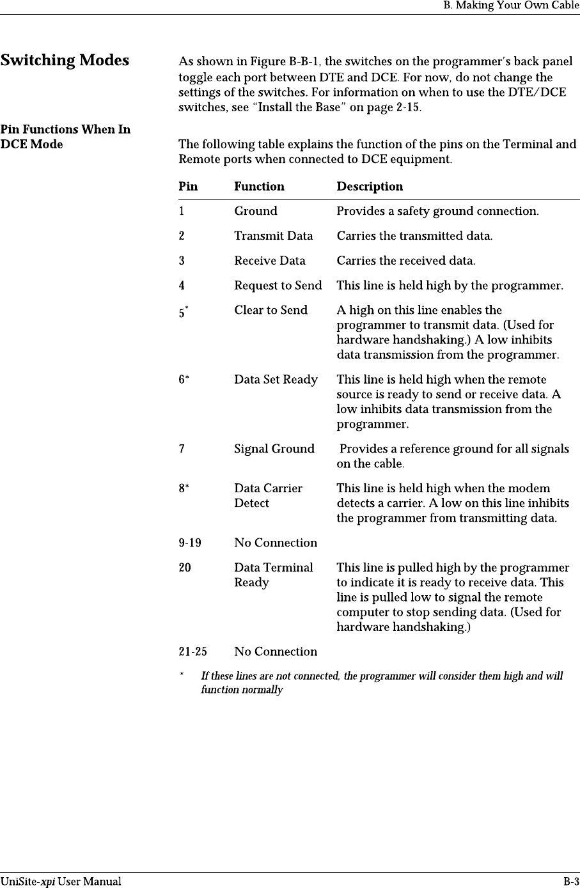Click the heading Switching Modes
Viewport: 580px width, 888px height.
(65, 61)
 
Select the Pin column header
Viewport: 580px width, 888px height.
(188, 187)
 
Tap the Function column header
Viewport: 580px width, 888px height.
(259, 187)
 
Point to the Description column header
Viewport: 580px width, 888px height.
(370, 187)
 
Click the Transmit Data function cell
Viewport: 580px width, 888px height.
(273, 236)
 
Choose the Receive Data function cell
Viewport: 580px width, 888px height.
(269, 261)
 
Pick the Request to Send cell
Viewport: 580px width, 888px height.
(278, 285)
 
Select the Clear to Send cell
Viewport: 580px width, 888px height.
(270, 310)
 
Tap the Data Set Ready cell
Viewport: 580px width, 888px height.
(276, 380)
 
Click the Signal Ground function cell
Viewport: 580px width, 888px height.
(274, 449)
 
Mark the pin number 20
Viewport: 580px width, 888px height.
(184, 568)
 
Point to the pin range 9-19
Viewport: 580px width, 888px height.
(189, 543)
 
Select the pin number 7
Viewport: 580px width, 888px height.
(182, 449)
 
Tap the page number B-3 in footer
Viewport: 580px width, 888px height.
(570, 882)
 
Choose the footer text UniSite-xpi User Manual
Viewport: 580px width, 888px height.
(61, 882)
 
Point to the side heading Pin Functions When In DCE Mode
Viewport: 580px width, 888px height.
(65, 137)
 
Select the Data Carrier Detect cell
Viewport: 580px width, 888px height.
(268, 495)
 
